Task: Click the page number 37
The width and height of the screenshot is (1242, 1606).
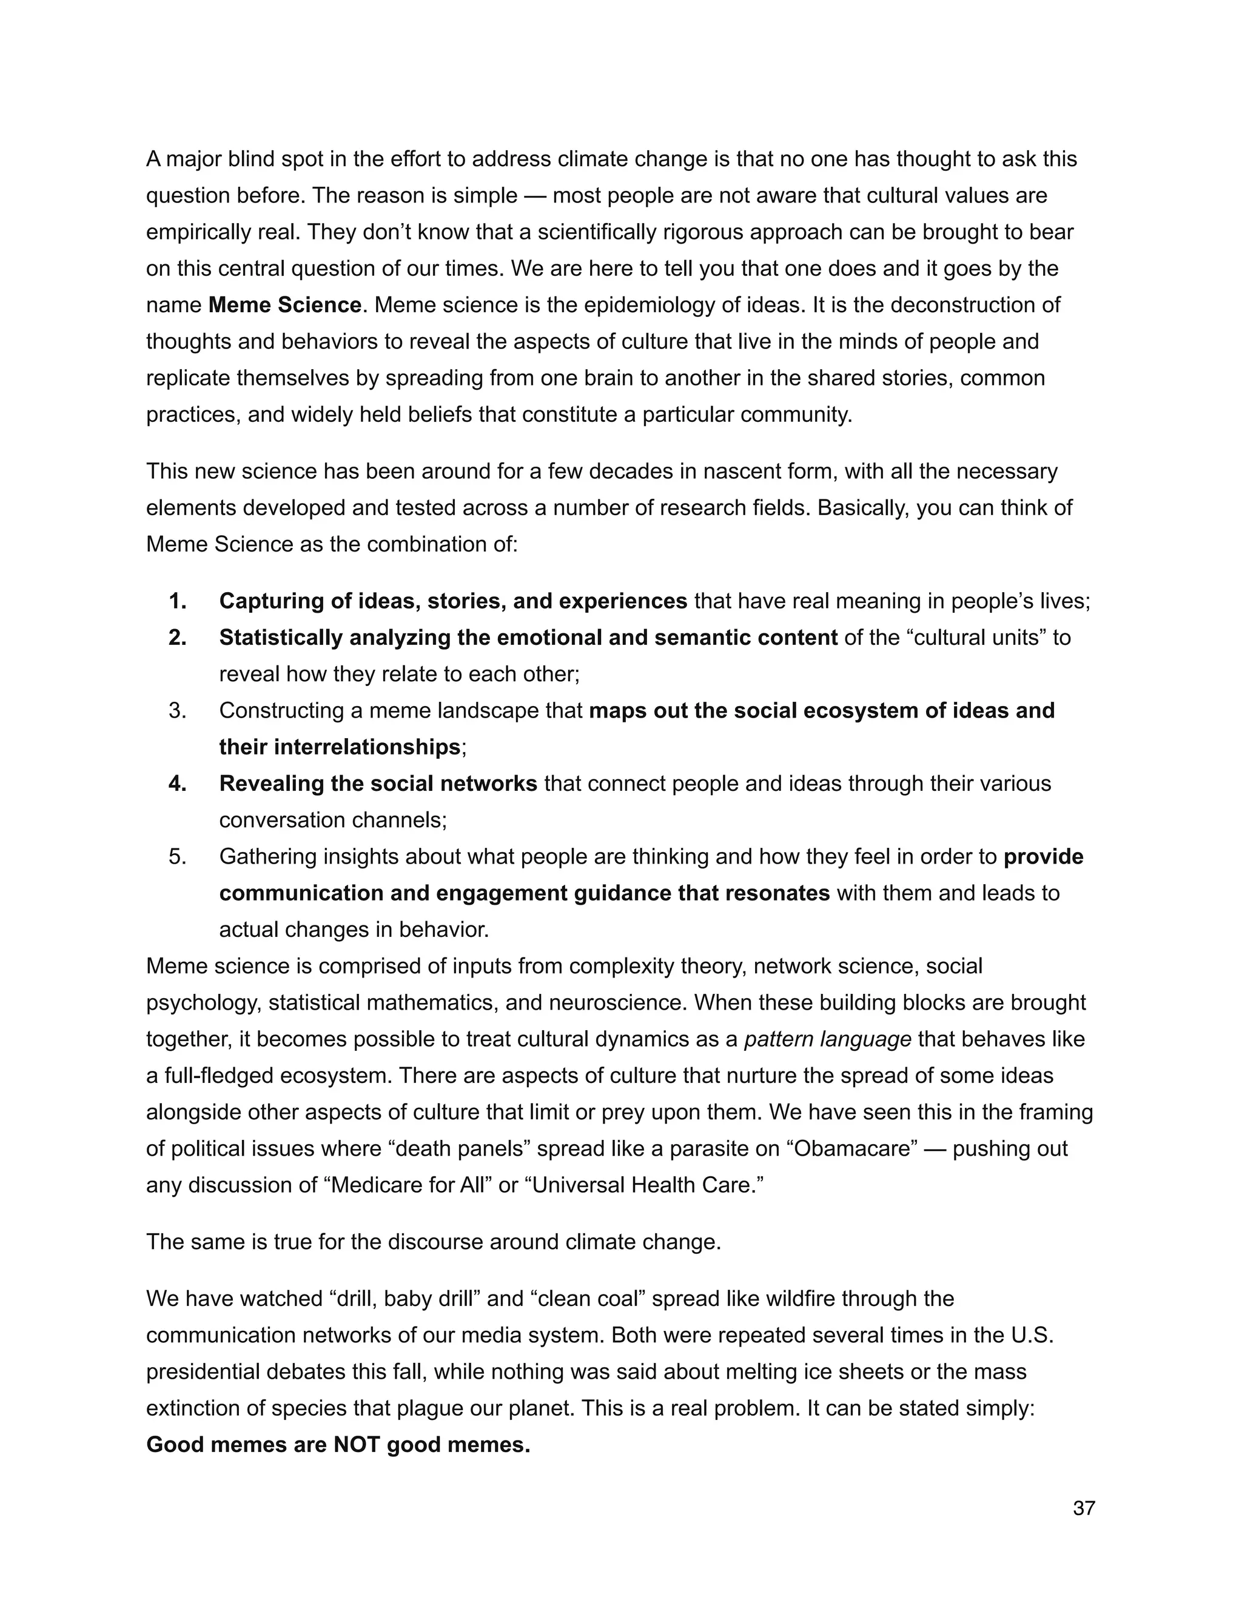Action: pos(1084,1508)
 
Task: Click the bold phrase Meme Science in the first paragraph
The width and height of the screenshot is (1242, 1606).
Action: pos(285,304)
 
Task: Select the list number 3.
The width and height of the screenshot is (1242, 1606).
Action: pos(177,710)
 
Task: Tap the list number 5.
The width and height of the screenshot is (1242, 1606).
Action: pos(177,857)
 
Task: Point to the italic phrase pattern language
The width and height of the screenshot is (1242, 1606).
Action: pos(828,1039)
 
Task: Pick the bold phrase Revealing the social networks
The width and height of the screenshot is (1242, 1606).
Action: pos(378,784)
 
